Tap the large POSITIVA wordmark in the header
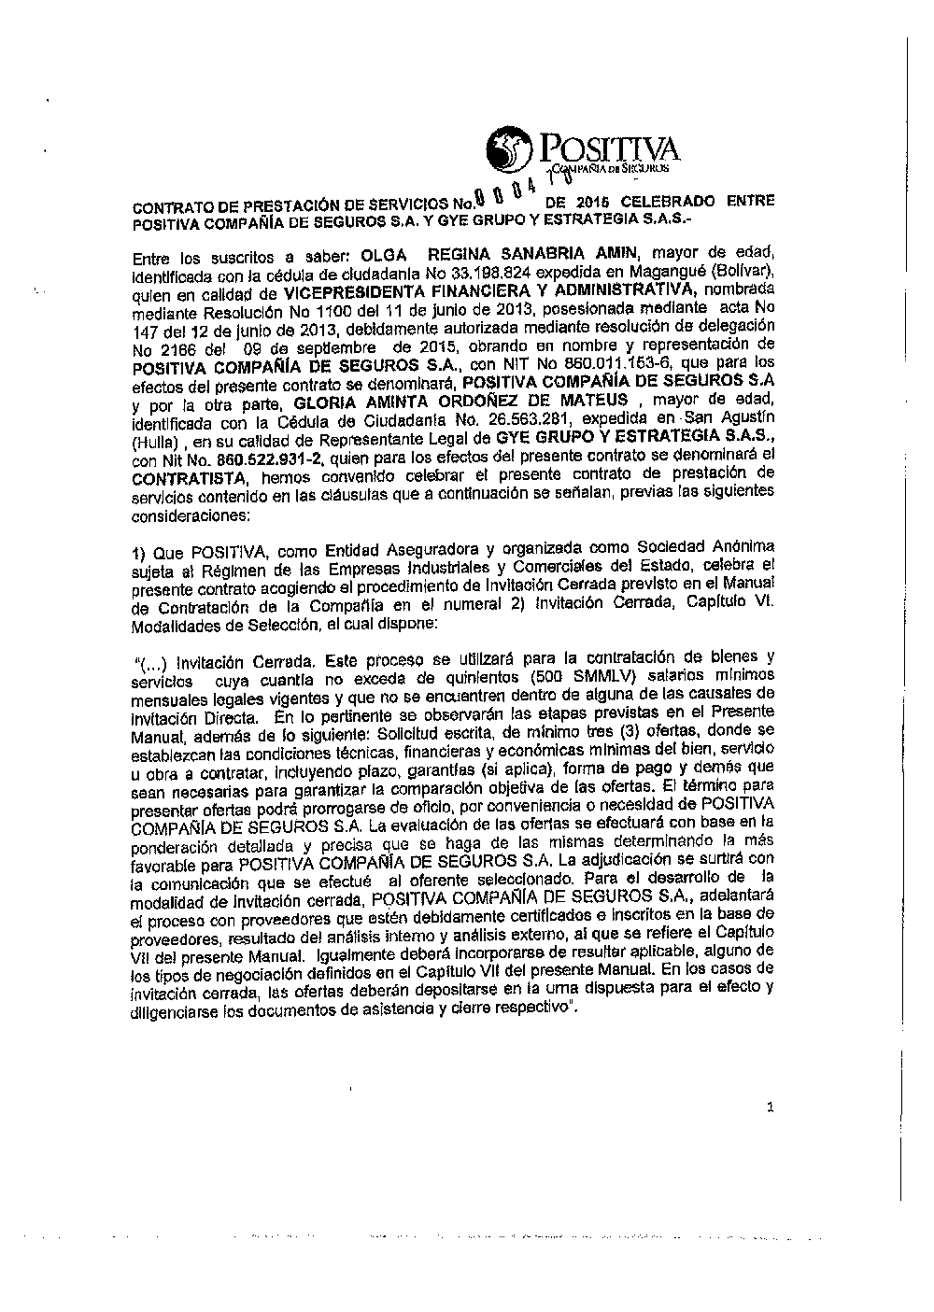click(607, 147)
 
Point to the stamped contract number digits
click(509, 193)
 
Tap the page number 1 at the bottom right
click(770, 1108)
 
